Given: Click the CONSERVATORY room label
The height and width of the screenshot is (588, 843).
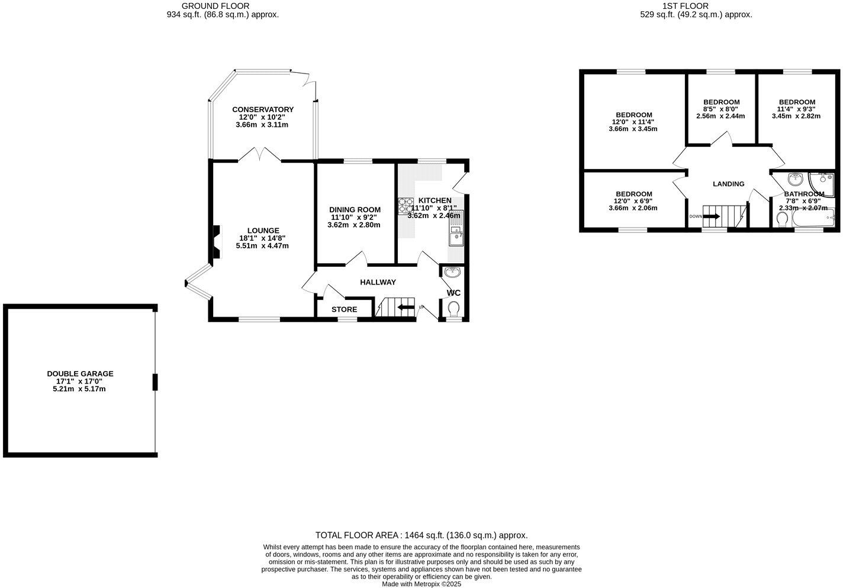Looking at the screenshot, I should click(x=263, y=110).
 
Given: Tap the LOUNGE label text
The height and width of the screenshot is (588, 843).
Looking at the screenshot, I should click(x=263, y=231).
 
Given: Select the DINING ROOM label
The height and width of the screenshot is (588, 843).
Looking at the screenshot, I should click(x=355, y=210).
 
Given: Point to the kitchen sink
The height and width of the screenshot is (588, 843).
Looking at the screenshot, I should click(x=456, y=238).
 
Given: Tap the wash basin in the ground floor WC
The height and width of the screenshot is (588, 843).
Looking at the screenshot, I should click(x=453, y=273).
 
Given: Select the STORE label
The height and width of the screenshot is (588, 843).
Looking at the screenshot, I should click(x=344, y=309).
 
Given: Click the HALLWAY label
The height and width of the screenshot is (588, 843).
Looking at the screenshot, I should click(x=378, y=282).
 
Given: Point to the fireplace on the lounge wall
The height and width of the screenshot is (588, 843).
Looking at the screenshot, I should click(x=216, y=242).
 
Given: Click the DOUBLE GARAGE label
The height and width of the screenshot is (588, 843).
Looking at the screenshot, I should click(x=80, y=374).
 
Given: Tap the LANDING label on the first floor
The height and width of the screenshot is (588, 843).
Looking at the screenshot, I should click(x=728, y=184).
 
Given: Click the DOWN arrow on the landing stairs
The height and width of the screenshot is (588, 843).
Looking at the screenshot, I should click(x=710, y=216).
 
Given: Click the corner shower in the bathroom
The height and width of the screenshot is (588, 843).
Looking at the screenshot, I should click(x=823, y=183).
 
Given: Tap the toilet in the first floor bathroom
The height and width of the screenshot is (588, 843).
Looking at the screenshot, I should click(x=782, y=220).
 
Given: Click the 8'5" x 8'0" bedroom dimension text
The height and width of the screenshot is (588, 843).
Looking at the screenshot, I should click(x=720, y=109).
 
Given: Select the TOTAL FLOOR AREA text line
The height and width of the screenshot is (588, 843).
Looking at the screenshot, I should click(x=421, y=535).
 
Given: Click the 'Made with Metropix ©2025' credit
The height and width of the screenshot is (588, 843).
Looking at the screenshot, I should click(x=421, y=584).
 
